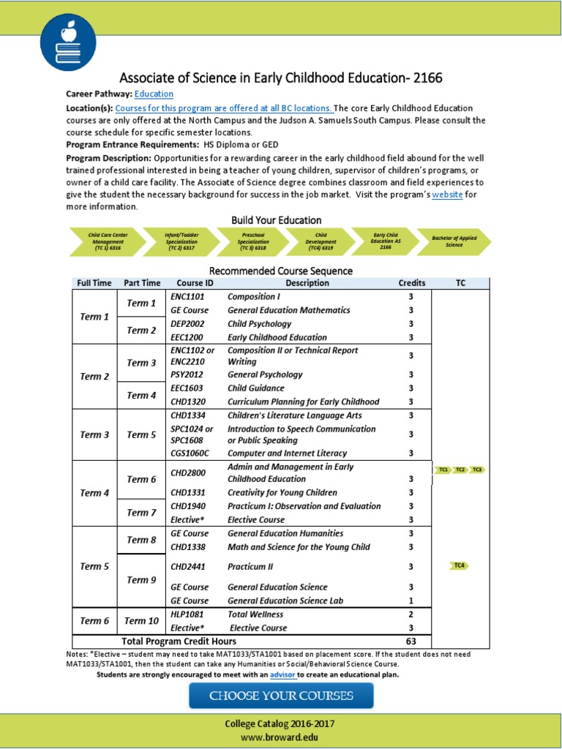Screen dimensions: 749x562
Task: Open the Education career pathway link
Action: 154,94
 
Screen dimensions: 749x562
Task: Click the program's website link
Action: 447,195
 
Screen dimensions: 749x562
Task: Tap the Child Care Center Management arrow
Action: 105,241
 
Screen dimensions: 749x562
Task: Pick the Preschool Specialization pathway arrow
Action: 253,241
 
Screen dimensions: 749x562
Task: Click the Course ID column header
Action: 195,283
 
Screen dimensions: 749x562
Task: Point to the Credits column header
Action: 411,283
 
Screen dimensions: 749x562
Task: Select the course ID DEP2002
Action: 187,324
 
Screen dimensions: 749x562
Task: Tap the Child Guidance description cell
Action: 255,388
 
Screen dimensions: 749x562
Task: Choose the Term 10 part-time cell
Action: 141,621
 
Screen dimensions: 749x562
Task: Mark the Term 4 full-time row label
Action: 94,493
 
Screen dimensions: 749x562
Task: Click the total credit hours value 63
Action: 411,641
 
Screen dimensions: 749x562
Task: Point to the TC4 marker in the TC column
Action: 460,565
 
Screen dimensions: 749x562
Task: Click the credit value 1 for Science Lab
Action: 411,601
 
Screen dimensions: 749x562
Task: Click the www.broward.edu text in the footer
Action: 280,737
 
